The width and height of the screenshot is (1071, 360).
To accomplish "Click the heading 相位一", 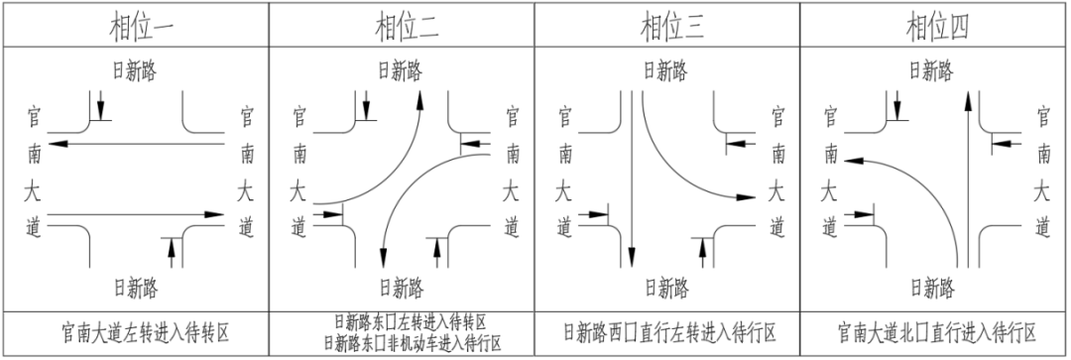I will pos(136,25).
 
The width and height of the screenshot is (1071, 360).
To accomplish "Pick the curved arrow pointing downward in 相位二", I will pos(407,188).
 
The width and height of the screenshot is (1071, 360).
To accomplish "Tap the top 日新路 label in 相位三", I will pos(665,70).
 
